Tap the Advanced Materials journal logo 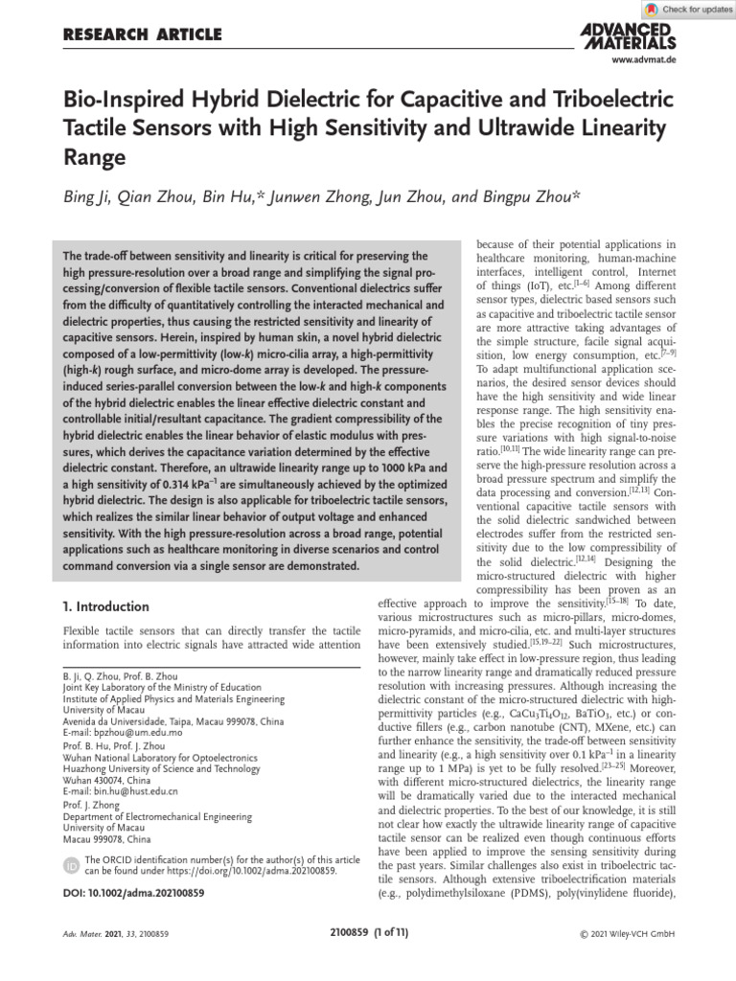point(628,36)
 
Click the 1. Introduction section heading point(105,606)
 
